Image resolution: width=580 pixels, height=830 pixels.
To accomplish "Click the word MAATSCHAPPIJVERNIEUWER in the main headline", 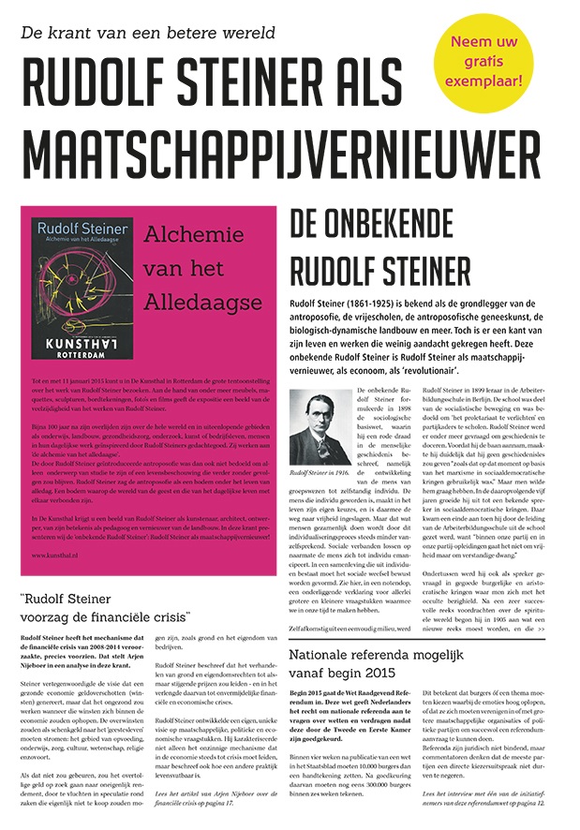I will point(275,150).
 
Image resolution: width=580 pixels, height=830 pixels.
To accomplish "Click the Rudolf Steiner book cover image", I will point(80,288).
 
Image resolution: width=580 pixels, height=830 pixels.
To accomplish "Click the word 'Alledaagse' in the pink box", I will point(203,302).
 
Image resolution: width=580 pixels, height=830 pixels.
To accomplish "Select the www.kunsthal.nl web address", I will point(52,556).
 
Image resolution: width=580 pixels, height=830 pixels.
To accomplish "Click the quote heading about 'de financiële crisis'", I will point(104,606).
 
